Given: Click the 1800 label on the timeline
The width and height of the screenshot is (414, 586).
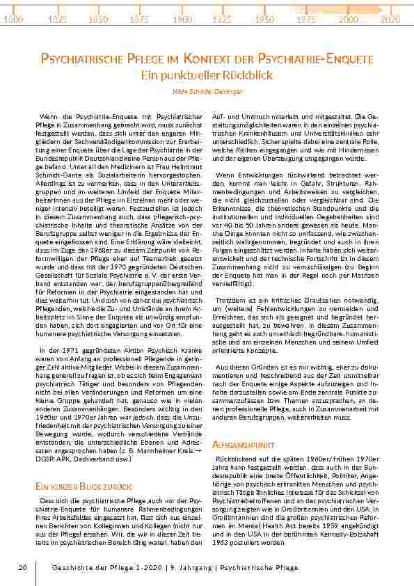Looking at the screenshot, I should (13, 19).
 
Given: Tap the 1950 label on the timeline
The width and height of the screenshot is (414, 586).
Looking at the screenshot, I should (264, 19).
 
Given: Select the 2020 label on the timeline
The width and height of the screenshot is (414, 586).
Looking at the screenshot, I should (390, 19).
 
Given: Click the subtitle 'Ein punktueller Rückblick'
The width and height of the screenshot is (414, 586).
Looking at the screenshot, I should (207, 74).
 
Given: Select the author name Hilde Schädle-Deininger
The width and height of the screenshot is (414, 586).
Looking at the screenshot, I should (207, 90).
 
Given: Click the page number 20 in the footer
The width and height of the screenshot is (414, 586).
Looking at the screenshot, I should (22, 568).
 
